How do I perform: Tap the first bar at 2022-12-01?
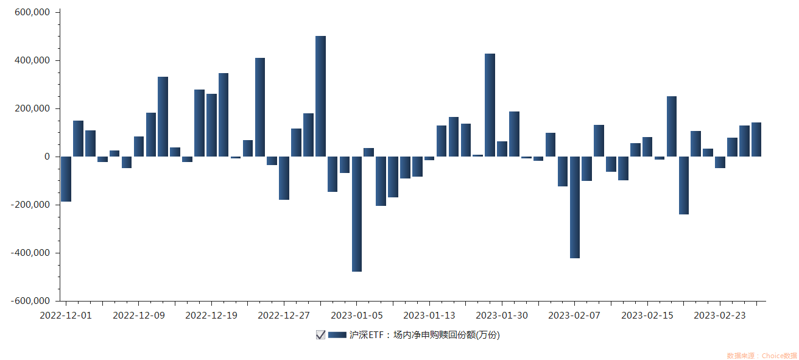click(x=66, y=179)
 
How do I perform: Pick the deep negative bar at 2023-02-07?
click(x=575, y=207)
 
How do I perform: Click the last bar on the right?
click(x=756, y=139)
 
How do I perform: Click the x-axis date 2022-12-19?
click(x=211, y=316)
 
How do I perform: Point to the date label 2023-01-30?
click(x=501, y=316)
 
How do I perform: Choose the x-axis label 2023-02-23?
click(x=720, y=316)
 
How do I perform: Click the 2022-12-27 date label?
click(x=284, y=316)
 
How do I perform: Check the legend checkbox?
click(x=320, y=335)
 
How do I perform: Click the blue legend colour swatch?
click(x=337, y=335)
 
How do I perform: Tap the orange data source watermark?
click(x=761, y=356)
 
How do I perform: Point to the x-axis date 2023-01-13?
click(x=429, y=316)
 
